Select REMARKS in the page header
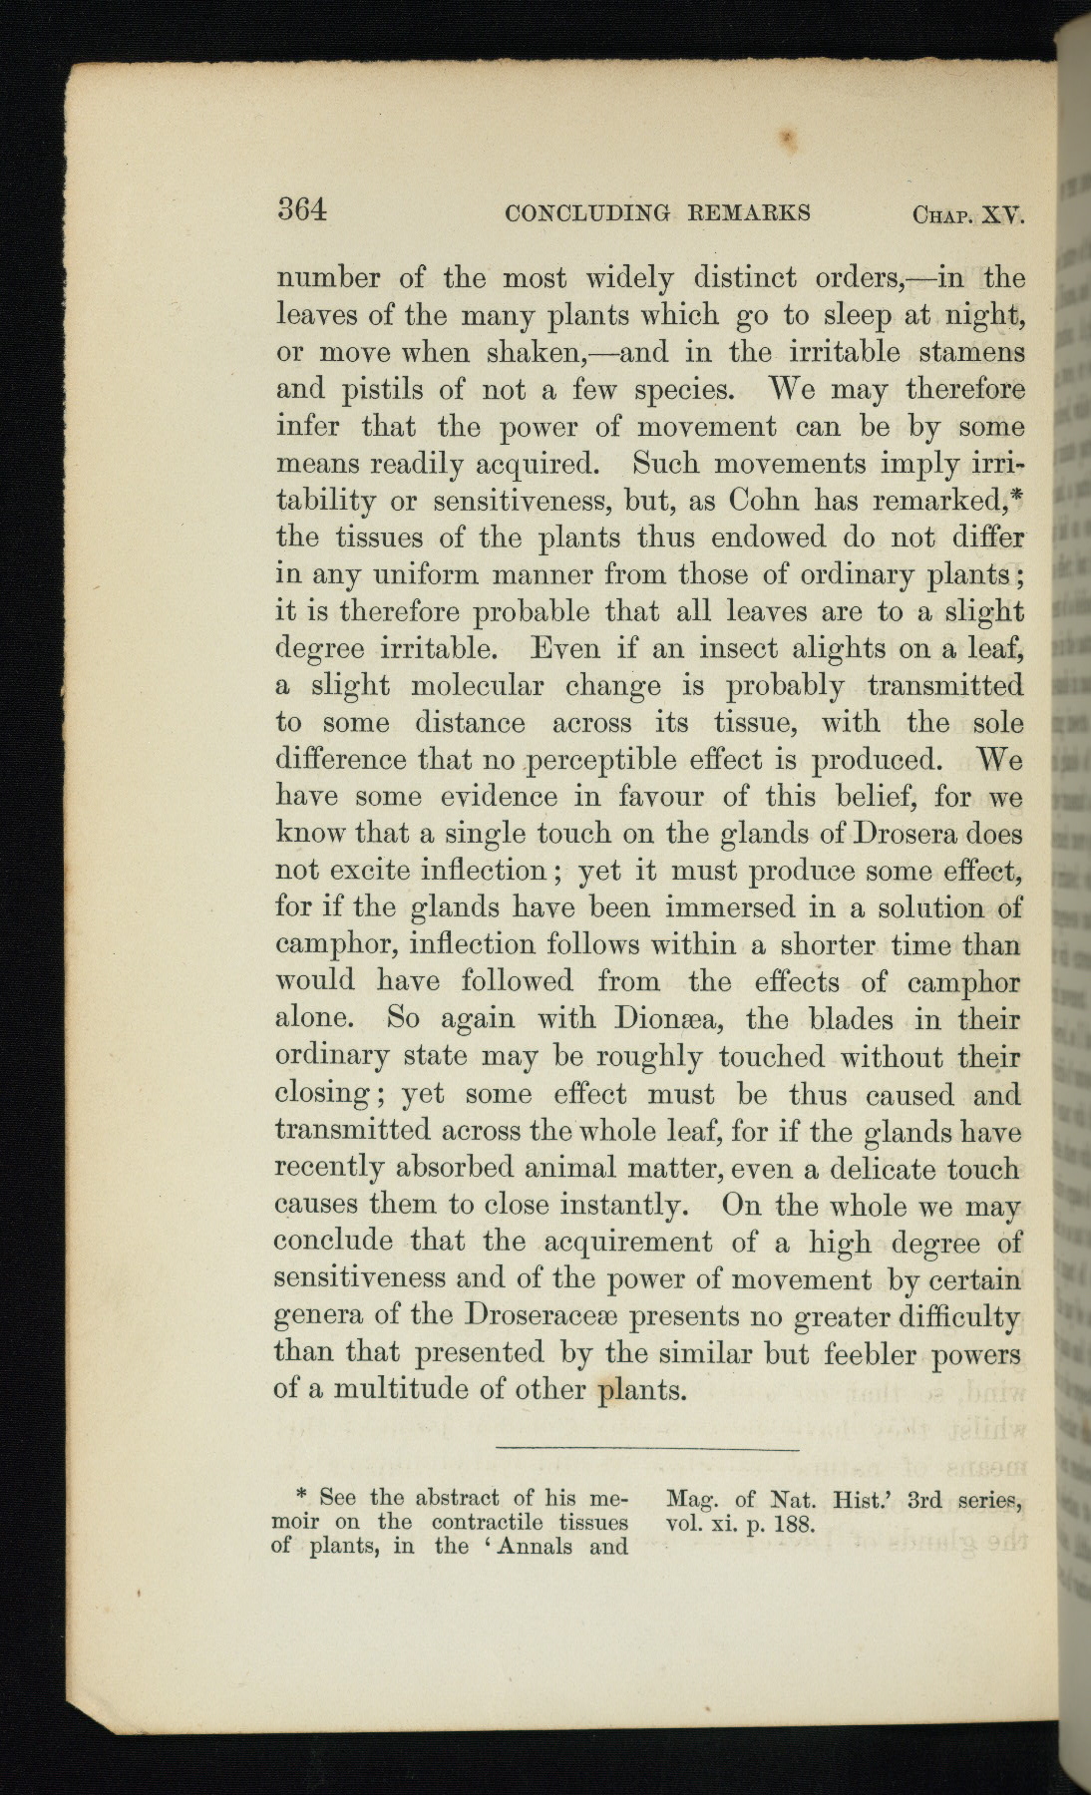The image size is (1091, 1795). point(748,212)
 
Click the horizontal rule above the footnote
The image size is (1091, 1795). point(647,1448)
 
